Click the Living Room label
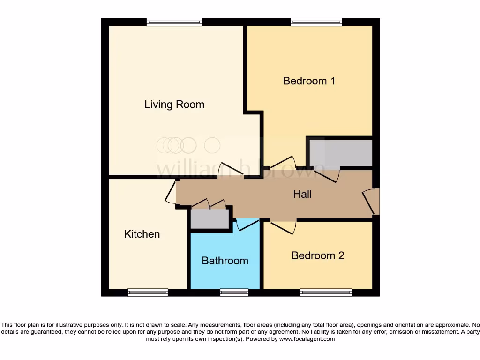point(174,104)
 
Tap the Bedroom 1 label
point(309,81)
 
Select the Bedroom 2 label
point(317,255)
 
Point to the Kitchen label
point(142,234)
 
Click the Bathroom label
point(225,261)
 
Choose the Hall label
point(302,194)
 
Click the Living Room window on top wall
point(174,22)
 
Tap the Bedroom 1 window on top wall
point(316,22)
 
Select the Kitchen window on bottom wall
point(148,292)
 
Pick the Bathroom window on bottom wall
point(234,292)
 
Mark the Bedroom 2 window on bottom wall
point(326,292)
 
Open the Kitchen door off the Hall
point(171,192)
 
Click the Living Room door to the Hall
point(230,170)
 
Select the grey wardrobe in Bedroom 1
point(340,153)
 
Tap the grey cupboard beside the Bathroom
point(210,218)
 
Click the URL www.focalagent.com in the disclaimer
point(307,339)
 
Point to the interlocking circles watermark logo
point(187,145)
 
